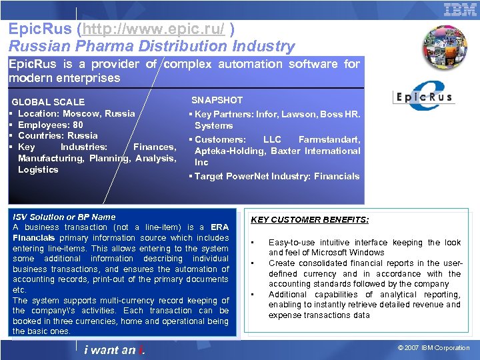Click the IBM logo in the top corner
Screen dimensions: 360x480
460,9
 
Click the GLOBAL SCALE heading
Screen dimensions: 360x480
48,102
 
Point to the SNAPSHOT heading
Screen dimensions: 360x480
217,100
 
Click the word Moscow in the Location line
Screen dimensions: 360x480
87,113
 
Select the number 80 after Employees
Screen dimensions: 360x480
78,125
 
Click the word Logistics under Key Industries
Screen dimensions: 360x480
38,169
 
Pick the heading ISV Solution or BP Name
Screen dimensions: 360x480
64,217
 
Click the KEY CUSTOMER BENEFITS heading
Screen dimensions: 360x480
309,220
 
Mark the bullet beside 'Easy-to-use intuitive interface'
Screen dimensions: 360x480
253,243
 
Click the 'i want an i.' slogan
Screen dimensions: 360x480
115,350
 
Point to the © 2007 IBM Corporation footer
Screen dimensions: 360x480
434,348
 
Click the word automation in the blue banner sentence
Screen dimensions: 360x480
256,64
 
